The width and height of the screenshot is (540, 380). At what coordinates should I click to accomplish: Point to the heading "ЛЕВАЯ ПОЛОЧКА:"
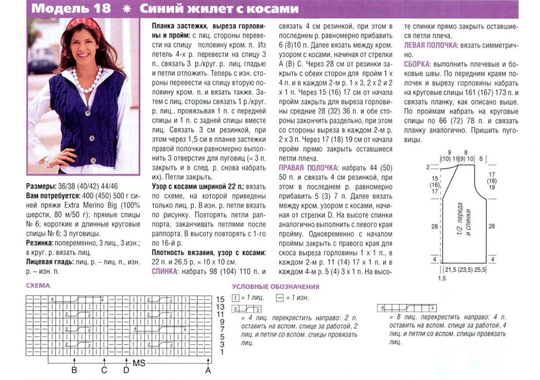pos(431,45)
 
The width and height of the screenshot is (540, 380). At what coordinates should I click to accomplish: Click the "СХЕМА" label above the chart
pos(38,285)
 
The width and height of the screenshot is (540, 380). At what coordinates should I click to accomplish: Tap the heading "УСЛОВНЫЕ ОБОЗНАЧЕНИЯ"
pos(275,287)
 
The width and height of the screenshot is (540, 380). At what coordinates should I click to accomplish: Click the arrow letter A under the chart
pos(208,370)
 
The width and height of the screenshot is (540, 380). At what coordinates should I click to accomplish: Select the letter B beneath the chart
pos(74,370)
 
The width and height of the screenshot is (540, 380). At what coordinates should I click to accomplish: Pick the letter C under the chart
pos(104,370)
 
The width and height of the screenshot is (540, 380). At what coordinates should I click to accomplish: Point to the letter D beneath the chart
pos(126,370)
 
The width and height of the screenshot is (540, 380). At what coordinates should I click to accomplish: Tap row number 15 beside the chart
pos(220,299)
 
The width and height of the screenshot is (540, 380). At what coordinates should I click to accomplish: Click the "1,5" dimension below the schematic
pos(442,279)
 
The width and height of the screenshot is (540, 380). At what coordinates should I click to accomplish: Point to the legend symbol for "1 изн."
pos(279,298)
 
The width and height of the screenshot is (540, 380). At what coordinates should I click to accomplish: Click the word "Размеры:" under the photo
pos(39,186)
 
